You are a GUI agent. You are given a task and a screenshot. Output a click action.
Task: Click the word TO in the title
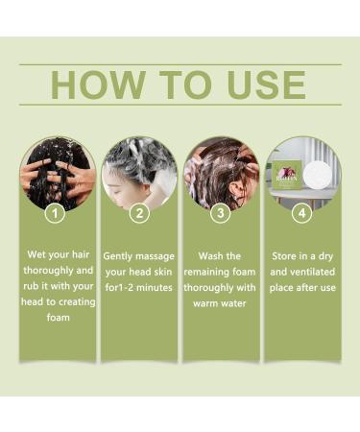coord(180,84)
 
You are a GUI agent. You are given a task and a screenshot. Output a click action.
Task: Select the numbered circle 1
coord(57,214)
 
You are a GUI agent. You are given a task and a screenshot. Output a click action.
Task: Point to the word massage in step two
coord(158,256)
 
